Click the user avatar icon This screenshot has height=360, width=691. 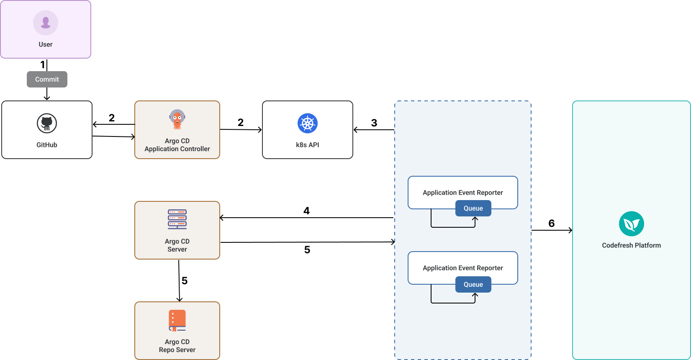(46, 23)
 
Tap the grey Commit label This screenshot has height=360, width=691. (47, 79)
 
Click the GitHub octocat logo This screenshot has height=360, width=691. (47, 123)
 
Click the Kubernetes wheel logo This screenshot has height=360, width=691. (308, 123)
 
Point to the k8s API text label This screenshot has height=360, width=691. (308, 145)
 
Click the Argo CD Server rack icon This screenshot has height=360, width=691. (177, 219)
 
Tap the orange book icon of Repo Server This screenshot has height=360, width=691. (177, 321)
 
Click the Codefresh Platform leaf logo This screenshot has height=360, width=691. (631, 224)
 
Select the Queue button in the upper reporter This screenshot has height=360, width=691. (473, 208)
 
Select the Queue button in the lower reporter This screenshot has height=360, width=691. (473, 285)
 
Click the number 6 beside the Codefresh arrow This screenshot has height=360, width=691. (552, 224)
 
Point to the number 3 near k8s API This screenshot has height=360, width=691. (374, 123)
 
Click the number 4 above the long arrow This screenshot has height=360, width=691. (306, 211)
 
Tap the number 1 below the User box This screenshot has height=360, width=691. (42, 65)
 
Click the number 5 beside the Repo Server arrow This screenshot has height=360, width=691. (185, 281)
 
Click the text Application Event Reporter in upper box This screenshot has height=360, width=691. (462, 193)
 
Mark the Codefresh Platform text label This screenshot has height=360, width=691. (631, 245)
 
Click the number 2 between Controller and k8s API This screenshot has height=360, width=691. (241, 123)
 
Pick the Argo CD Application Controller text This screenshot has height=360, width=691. (177, 145)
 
